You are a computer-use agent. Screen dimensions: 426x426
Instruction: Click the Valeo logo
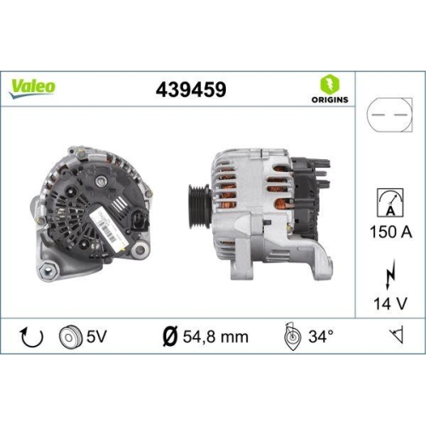34,85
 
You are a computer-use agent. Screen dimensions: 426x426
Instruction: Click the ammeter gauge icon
388,202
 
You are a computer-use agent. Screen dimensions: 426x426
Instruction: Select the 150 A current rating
388,230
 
